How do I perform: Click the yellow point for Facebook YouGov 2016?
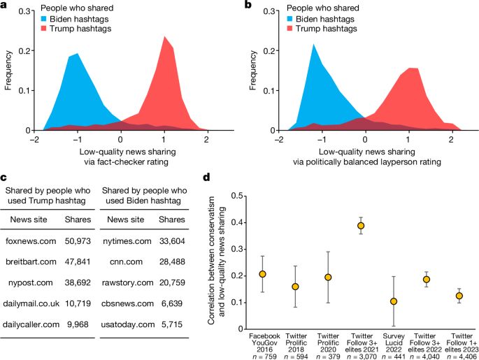[x=262, y=274]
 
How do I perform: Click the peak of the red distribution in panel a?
[x=166, y=36]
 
